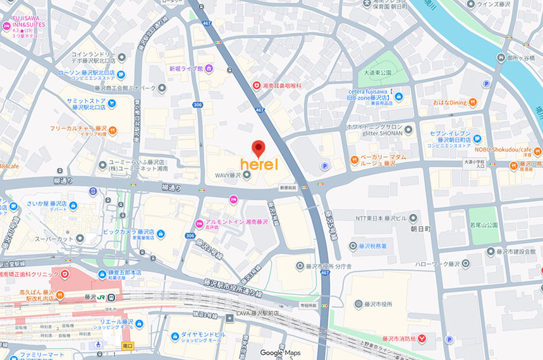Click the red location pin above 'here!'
[258, 148]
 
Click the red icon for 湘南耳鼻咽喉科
[256, 85]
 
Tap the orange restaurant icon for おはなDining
[473, 102]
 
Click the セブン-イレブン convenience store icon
[477, 138]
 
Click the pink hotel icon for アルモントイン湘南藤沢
[199, 223]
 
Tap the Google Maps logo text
[280, 352]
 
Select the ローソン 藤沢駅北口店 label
[93, 76]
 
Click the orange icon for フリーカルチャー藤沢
[113, 130]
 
